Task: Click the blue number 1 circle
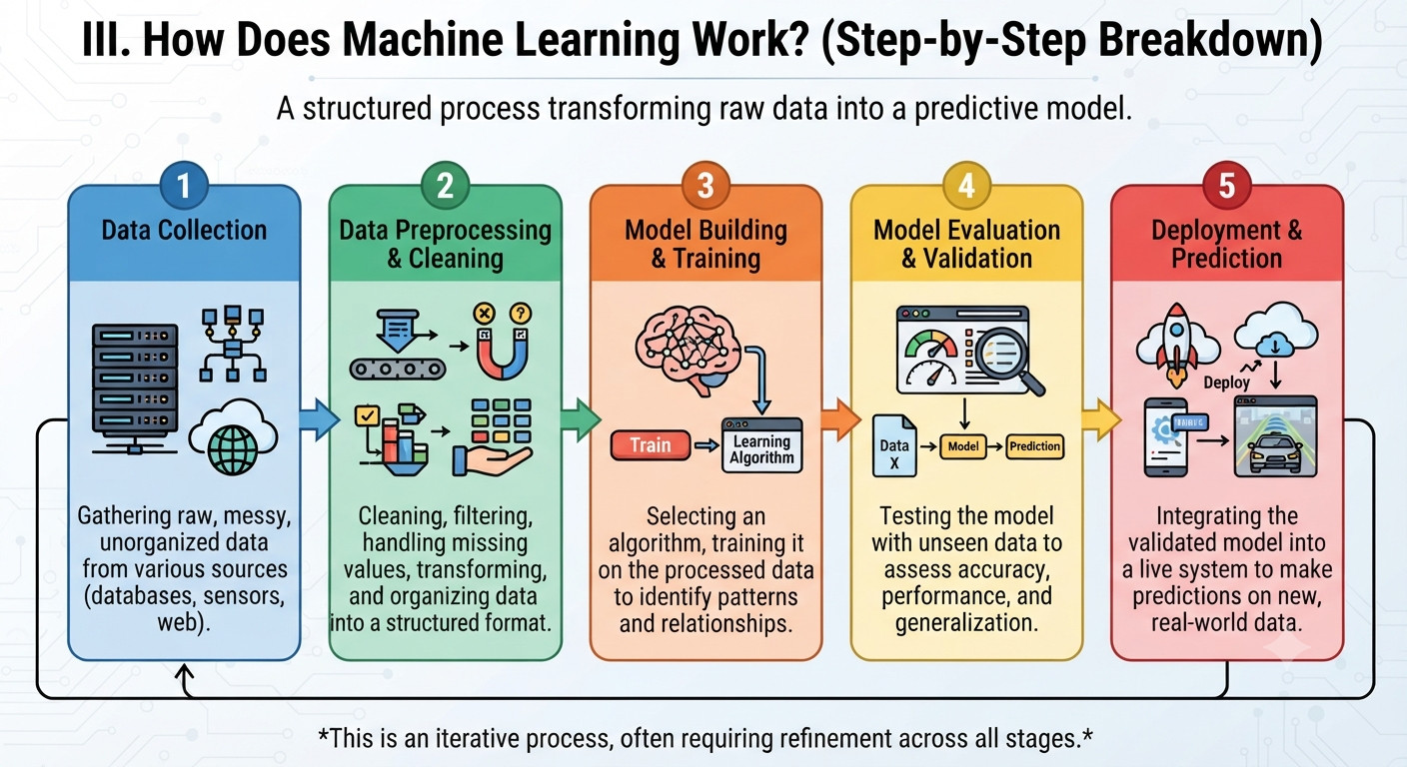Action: pyautogui.click(x=184, y=185)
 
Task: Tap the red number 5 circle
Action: pyautogui.click(x=1227, y=185)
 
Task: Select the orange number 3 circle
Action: pyautogui.click(x=705, y=185)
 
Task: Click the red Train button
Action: pyautogui.click(x=651, y=445)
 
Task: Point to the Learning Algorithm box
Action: pyautogui.click(x=761, y=445)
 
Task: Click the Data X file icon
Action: pyautogui.click(x=894, y=445)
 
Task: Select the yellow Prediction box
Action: pyautogui.click(x=1034, y=446)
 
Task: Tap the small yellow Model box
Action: pyautogui.click(x=963, y=446)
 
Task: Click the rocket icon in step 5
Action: pyautogui.click(x=1176, y=344)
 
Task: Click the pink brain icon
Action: pyautogui.click(x=688, y=349)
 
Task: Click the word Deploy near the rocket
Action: pyautogui.click(x=1226, y=383)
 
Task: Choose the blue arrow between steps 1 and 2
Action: pyautogui.click(x=319, y=418)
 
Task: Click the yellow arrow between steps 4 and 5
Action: pyautogui.click(x=1101, y=418)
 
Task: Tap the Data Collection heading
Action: pyautogui.click(x=184, y=231)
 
